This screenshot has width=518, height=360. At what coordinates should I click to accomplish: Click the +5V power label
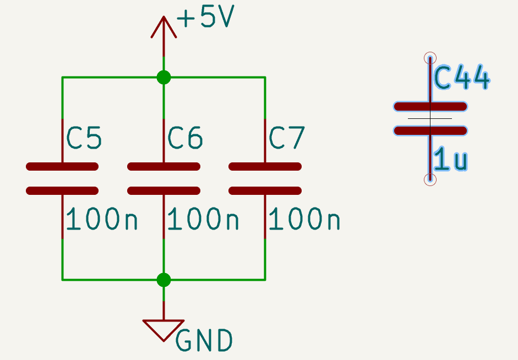click(206, 18)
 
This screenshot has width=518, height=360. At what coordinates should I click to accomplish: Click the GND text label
click(204, 341)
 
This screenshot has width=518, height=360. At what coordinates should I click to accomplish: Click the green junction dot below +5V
click(163, 78)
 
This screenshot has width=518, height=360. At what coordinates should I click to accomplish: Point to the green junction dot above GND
click(163, 280)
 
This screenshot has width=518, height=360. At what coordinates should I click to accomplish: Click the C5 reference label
click(84, 138)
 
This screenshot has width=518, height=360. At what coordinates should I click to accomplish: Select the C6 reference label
click(185, 138)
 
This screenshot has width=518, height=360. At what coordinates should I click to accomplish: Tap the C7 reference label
click(286, 138)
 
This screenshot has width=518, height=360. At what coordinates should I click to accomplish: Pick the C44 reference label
click(462, 79)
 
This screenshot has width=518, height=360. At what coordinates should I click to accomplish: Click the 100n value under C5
click(102, 220)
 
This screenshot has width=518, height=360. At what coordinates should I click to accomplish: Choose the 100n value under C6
click(203, 220)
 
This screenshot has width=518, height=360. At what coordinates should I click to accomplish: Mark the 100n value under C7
click(304, 220)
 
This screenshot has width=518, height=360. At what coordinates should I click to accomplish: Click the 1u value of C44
click(451, 160)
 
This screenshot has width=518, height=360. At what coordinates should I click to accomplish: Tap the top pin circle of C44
click(430, 58)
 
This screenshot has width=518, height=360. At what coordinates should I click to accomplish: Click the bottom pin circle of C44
click(430, 179)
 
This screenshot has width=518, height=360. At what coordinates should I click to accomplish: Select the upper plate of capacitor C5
click(62, 166)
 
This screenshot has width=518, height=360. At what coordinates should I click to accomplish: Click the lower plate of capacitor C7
click(265, 191)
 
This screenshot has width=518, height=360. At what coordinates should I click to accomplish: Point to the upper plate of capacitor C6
click(163, 166)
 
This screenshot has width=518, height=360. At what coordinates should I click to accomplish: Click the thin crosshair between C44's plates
click(430, 118)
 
